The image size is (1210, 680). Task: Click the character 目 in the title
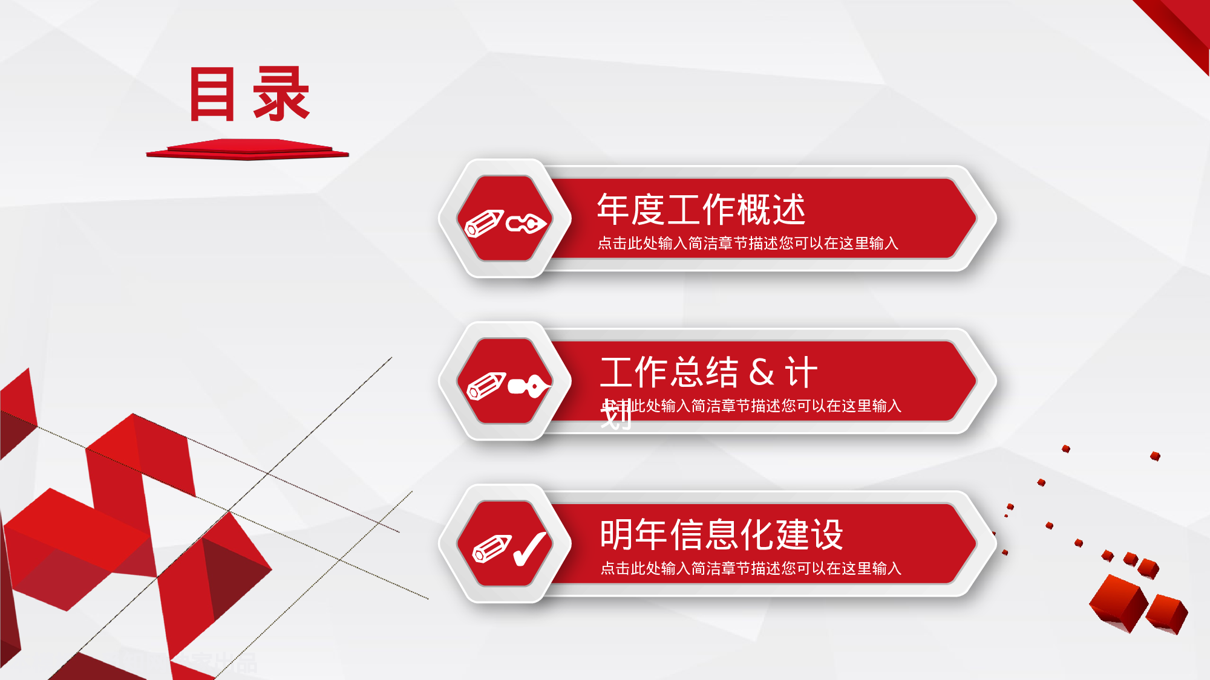[x=212, y=94]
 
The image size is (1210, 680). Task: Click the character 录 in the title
[x=282, y=94]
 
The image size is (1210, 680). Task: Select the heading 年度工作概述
[x=701, y=209]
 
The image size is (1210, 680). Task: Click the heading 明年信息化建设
[x=721, y=534]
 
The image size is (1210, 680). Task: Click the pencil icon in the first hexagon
[x=484, y=224]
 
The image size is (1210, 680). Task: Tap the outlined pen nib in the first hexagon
[x=526, y=224]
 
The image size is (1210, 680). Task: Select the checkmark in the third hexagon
[x=530, y=549]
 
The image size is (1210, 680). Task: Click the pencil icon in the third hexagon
[x=491, y=549]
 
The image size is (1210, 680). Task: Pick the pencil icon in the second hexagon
[x=486, y=386]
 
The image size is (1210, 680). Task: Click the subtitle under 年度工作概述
[x=748, y=243]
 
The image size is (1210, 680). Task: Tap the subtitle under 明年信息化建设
[x=750, y=568]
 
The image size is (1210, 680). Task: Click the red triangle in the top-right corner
[x=1183, y=27]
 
